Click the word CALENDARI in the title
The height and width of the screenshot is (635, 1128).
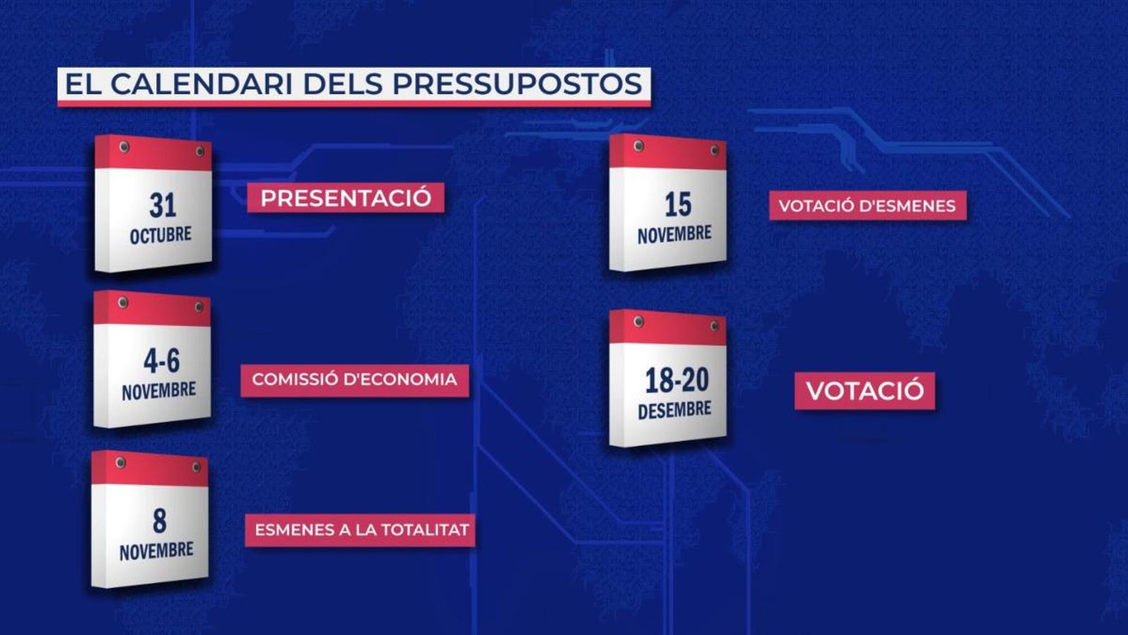201,84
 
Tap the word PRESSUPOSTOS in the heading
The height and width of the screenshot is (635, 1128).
517,84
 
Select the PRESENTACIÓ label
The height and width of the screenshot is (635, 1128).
345,198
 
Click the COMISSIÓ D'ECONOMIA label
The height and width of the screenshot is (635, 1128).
355,380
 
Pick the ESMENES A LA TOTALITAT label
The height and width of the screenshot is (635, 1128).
361,530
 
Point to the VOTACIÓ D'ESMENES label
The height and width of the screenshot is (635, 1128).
867,206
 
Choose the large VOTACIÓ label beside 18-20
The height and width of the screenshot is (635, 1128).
864,391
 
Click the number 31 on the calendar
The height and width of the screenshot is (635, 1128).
163,205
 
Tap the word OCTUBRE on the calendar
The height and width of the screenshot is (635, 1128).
160,235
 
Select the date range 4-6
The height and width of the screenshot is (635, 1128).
161,361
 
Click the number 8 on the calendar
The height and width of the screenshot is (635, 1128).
159,521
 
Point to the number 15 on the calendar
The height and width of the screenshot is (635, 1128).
678,205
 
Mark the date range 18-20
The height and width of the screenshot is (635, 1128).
677,380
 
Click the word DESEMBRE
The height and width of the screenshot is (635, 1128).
675,410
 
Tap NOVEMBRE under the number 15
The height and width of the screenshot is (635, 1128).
675,234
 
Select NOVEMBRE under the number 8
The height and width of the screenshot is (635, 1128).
157,551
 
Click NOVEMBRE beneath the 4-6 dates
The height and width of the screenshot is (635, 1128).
159,391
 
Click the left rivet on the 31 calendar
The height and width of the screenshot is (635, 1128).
124,147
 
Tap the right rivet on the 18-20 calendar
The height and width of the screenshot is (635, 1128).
715,327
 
